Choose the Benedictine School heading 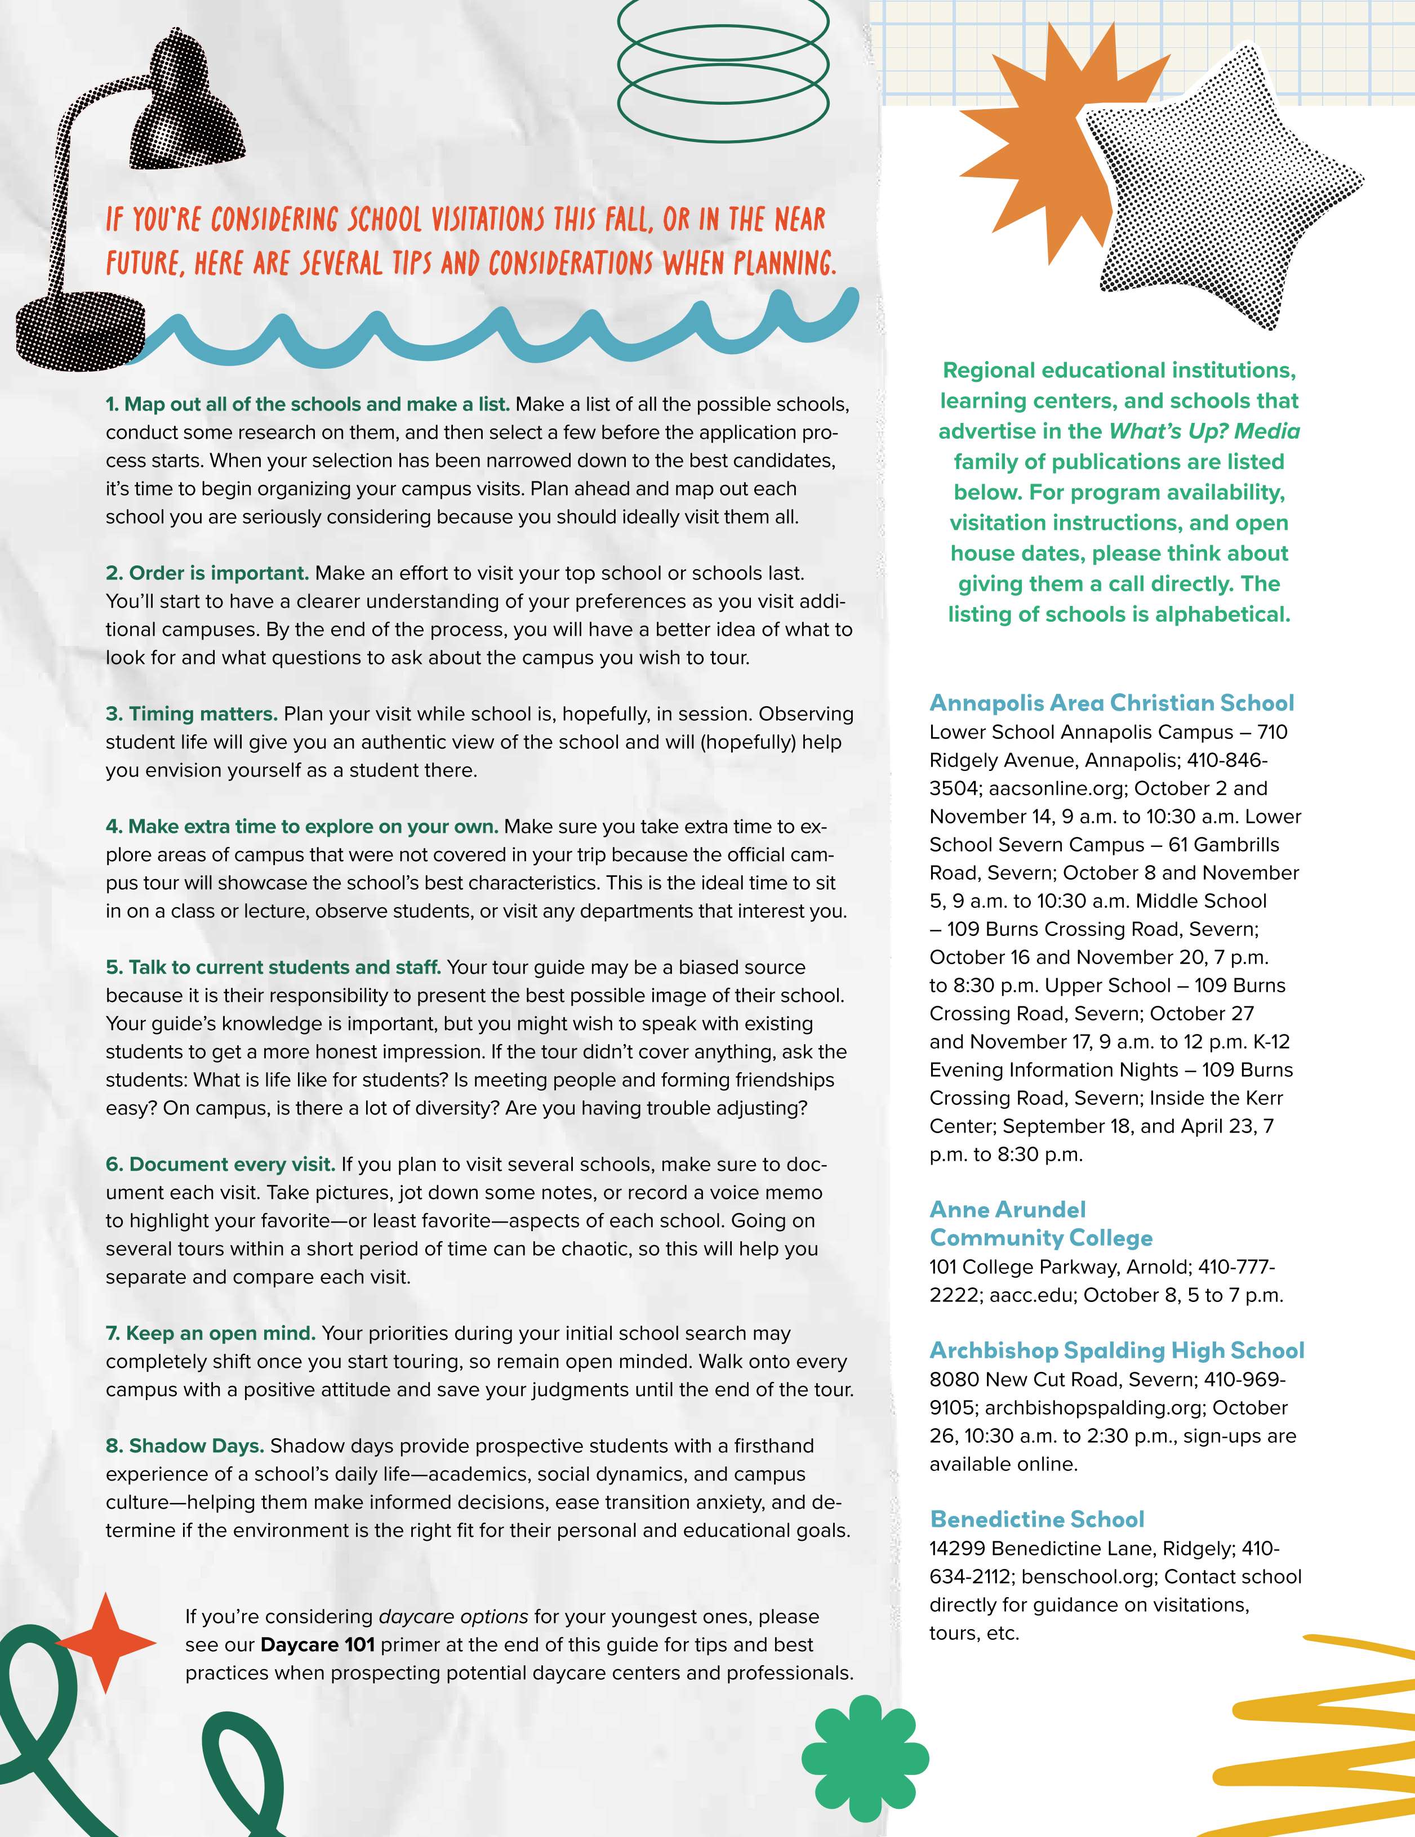tap(1036, 1519)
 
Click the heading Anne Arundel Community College tap(1040, 1224)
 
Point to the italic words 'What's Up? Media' tap(1204, 431)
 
